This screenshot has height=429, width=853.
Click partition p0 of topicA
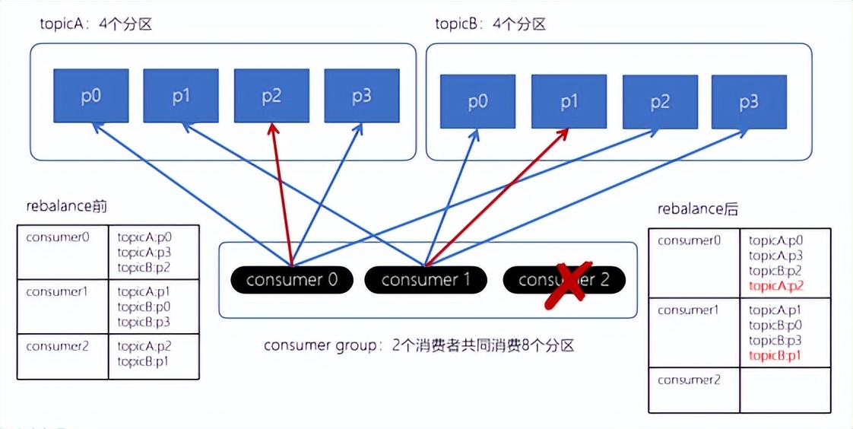pyautogui.click(x=91, y=96)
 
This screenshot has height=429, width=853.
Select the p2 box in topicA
pyautogui.click(x=271, y=96)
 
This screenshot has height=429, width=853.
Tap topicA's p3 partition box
pyautogui.click(x=362, y=96)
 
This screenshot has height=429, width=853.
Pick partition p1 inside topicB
pyautogui.click(x=569, y=101)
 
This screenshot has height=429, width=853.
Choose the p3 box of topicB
pyautogui.click(x=749, y=101)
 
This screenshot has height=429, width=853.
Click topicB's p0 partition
pyautogui.click(x=478, y=101)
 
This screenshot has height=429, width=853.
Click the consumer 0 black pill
pyautogui.click(x=291, y=280)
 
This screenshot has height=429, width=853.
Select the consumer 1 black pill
pyautogui.click(x=425, y=280)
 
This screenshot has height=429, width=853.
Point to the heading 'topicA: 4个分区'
pyautogui.click(x=97, y=24)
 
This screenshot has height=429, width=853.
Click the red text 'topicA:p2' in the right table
pyautogui.click(x=776, y=286)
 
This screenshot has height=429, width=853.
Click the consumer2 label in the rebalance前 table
pyautogui.click(x=58, y=346)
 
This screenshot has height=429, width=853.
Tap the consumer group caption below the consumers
pyautogui.click(x=418, y=345)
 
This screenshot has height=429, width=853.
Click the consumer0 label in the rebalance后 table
pyautogui.click(x=690, y=241)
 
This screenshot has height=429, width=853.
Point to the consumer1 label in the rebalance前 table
pyautogui.click(x=58, y=291)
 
